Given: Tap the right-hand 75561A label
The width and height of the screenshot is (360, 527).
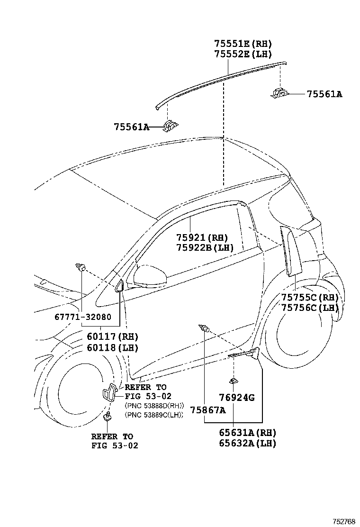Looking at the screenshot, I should coord(324,94).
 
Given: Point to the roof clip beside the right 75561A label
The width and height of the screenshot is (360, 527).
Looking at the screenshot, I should coord(279,93).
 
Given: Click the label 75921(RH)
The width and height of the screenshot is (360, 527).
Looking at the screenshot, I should coord(202,237).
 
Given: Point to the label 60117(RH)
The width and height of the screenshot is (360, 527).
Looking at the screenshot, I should coord(112,337).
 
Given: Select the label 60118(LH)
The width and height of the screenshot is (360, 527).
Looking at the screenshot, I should coord(112,347).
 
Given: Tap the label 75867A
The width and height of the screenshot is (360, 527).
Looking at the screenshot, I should coord(208,410).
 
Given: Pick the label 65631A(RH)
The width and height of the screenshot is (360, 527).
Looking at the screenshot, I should coord(247,433).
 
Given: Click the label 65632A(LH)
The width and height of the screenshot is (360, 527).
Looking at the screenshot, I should coord(247,443).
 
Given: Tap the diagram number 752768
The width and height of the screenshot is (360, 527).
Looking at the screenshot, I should coord(343,521).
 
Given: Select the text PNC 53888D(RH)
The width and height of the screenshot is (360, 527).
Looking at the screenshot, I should coord(154,406).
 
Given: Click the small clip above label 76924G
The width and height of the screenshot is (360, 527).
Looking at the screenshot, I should coord(234,380).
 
